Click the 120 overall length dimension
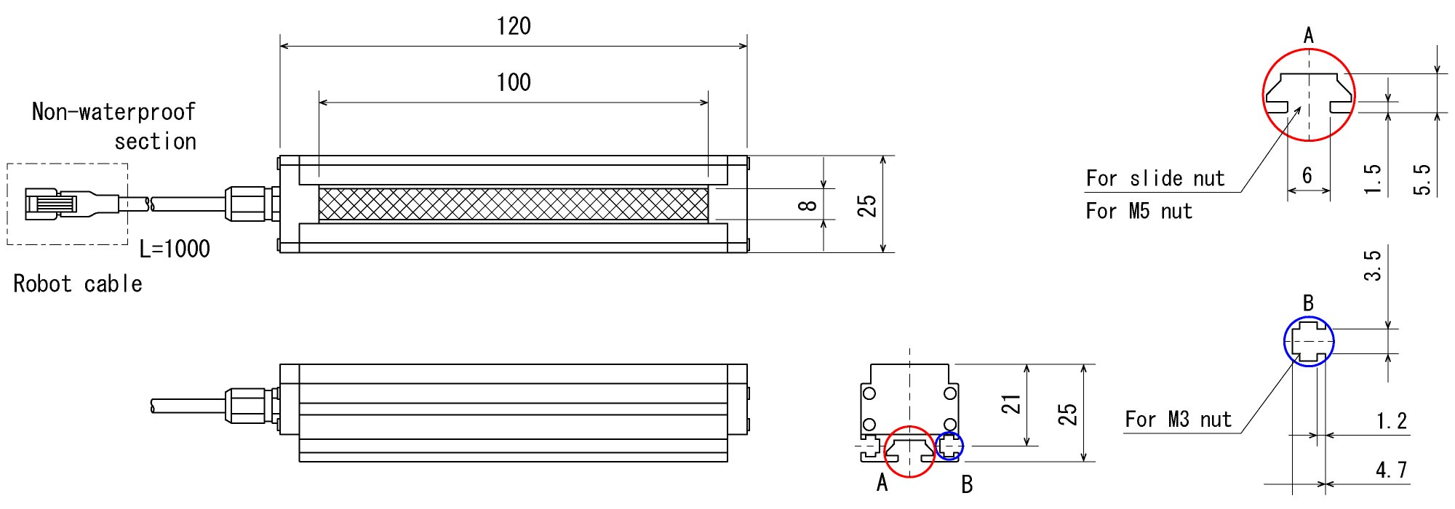[514, 27]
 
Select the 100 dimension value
[514, 83]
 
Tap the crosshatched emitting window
[513, 204]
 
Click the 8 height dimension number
[808, 206]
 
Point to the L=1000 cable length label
[175, 249]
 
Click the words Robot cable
[78, 284]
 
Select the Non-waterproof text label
[113, 112]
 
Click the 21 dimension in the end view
[1011, 404]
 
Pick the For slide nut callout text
[1155, 179]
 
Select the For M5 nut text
[1139, 212]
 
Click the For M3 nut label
[1178, 420]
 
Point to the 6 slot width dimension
[1307, 175]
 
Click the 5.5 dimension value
[1422, 180]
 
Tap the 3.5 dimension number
[1372, 265]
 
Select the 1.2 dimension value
[1391, 421]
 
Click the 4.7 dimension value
[1391, 470]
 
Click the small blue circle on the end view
[949, 446]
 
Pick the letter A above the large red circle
[1309, 35]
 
